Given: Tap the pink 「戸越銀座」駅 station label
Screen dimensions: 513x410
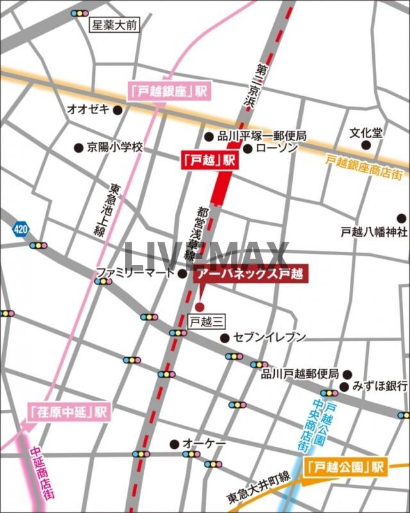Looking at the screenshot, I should [170, 91].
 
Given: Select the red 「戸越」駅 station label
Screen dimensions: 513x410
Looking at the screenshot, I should [206, 162].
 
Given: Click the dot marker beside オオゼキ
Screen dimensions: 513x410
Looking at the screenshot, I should [117, 110].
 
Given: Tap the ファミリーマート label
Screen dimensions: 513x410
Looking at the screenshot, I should [135, 274].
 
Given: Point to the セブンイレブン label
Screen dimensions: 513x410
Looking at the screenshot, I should [269, 337].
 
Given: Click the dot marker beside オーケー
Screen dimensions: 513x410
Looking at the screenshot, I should [174, 444].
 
